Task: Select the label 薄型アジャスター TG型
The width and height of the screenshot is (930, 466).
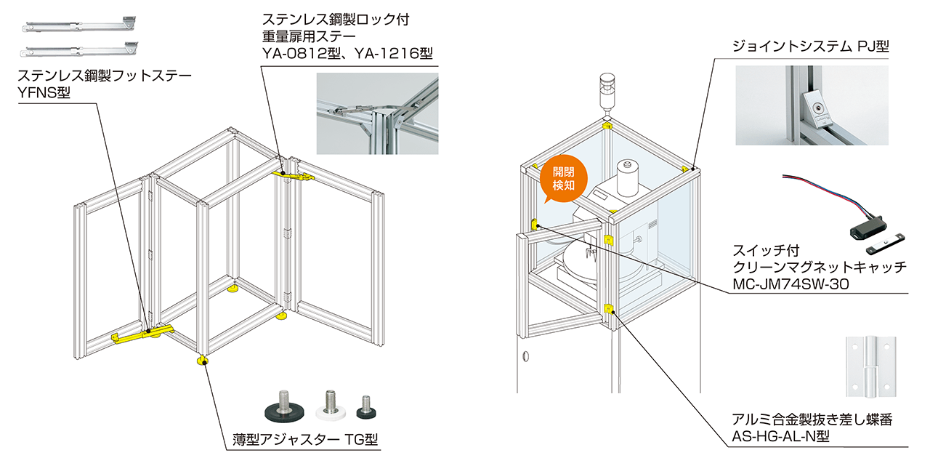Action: point(301,440)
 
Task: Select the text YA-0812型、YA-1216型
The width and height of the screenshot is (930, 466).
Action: point(348,53)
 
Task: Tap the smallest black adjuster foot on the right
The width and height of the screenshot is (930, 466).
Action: point(367,408)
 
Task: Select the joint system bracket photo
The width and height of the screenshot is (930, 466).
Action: point(811,105)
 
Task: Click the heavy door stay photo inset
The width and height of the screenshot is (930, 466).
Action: point(377,113)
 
